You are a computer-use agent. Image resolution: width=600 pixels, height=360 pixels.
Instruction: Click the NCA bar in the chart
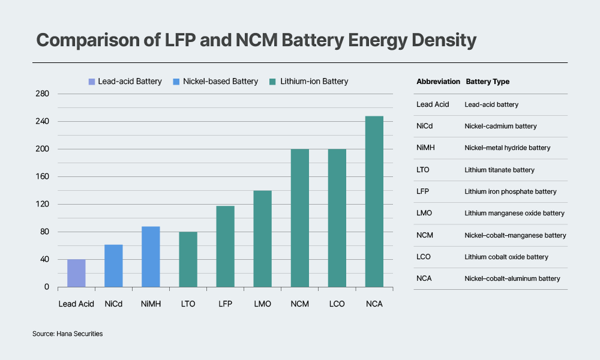(x=374, y=202)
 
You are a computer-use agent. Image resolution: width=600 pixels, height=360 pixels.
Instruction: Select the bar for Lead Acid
(x=76, y=273)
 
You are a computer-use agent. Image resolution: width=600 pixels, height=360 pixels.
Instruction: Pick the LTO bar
(x=188, y=259)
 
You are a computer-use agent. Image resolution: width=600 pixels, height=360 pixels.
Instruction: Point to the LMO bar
(x=262, y=239)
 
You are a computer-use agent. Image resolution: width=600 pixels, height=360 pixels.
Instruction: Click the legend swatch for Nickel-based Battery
(x=176, y=82)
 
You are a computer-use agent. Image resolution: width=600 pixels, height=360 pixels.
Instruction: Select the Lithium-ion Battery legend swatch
(x=273, y=82)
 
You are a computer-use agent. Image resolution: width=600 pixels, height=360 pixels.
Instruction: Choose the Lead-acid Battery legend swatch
(x=91, y=82)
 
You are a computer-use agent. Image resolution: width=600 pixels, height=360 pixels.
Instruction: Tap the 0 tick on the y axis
(x=46, y=287)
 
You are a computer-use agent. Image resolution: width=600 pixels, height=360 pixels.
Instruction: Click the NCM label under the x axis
(x=299, y=304)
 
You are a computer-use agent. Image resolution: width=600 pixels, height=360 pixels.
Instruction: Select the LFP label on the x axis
(x=225, y=304)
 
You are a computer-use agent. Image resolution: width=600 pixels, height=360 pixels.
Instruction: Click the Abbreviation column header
(x=438, y=82)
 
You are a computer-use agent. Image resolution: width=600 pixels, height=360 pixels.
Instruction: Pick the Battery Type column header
(x=487, y=82)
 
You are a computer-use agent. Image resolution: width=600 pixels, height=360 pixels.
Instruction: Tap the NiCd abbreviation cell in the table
(x=425, y=126)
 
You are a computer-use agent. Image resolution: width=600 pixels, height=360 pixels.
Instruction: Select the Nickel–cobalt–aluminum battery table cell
(x=512, y=278)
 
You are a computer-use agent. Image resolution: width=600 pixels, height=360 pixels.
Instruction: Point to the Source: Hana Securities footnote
(x=67, y=334)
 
